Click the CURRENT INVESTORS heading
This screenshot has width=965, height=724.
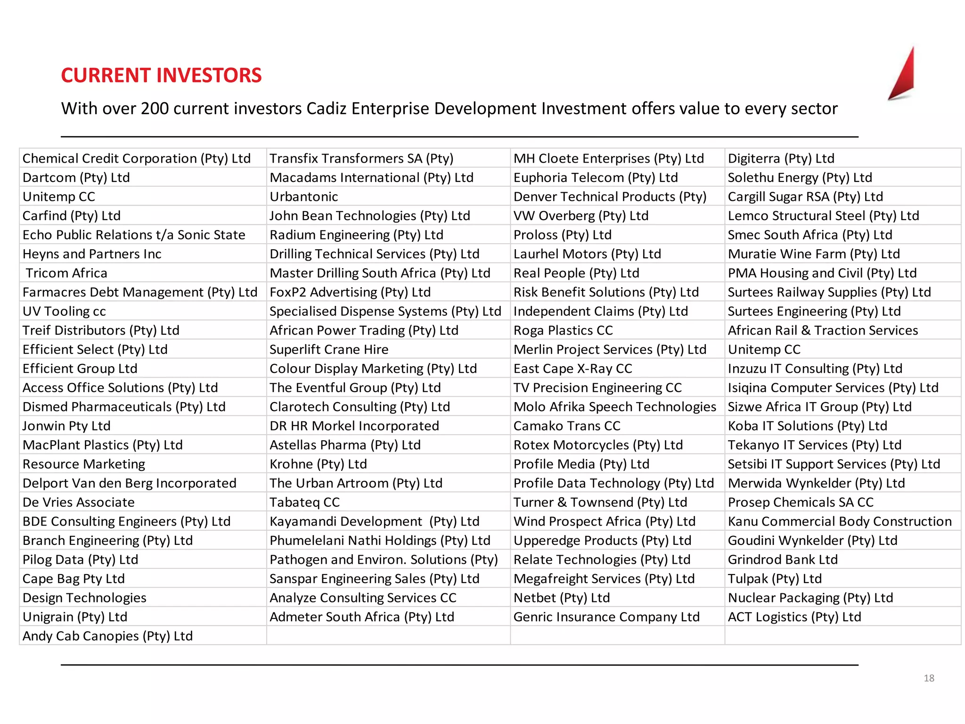coord(161,75)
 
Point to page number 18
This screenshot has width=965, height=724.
coord(929,678)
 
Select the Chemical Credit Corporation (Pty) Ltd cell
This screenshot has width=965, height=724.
coord(137,158)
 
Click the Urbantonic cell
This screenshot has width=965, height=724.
coord(304,197)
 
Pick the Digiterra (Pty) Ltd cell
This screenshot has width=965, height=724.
coord(781,158)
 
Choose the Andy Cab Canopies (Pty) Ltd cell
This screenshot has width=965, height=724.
coord(108,636)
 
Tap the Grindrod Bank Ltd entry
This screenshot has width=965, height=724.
coord(783,559)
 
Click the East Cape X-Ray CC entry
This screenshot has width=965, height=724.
coord(572,369)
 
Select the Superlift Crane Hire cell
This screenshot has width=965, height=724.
coord(329,349)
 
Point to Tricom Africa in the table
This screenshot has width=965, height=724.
coord(66,273)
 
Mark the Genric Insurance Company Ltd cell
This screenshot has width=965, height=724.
coord(606,617)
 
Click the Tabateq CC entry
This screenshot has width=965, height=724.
coord(304,502)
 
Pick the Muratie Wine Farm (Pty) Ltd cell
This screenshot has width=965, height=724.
coord(814,254)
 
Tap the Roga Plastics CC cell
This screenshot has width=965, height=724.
coord(563,330)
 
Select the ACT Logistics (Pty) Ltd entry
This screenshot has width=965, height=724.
coord(794,617)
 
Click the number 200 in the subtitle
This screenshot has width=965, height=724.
coord(155,108)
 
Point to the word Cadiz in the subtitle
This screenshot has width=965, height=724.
coord(327,108)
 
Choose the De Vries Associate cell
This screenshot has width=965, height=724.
coord(79,502)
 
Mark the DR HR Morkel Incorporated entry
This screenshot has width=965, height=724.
coord(354,426)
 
